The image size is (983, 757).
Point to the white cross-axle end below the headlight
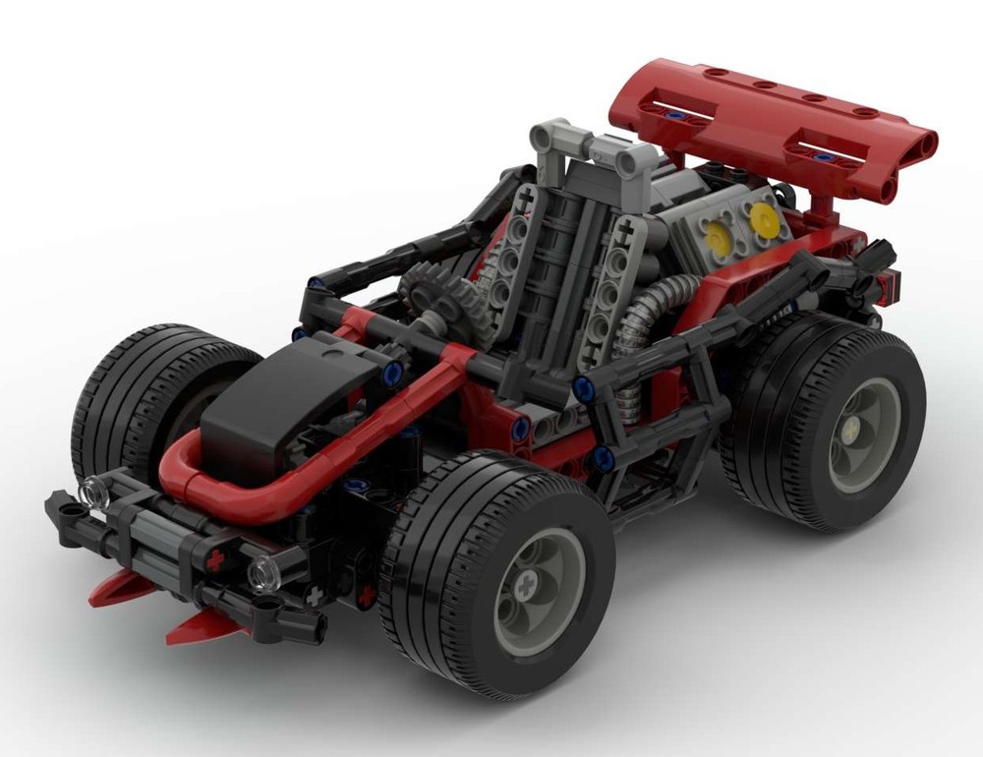point(314,595)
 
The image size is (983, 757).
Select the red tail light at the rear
point(889,286)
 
